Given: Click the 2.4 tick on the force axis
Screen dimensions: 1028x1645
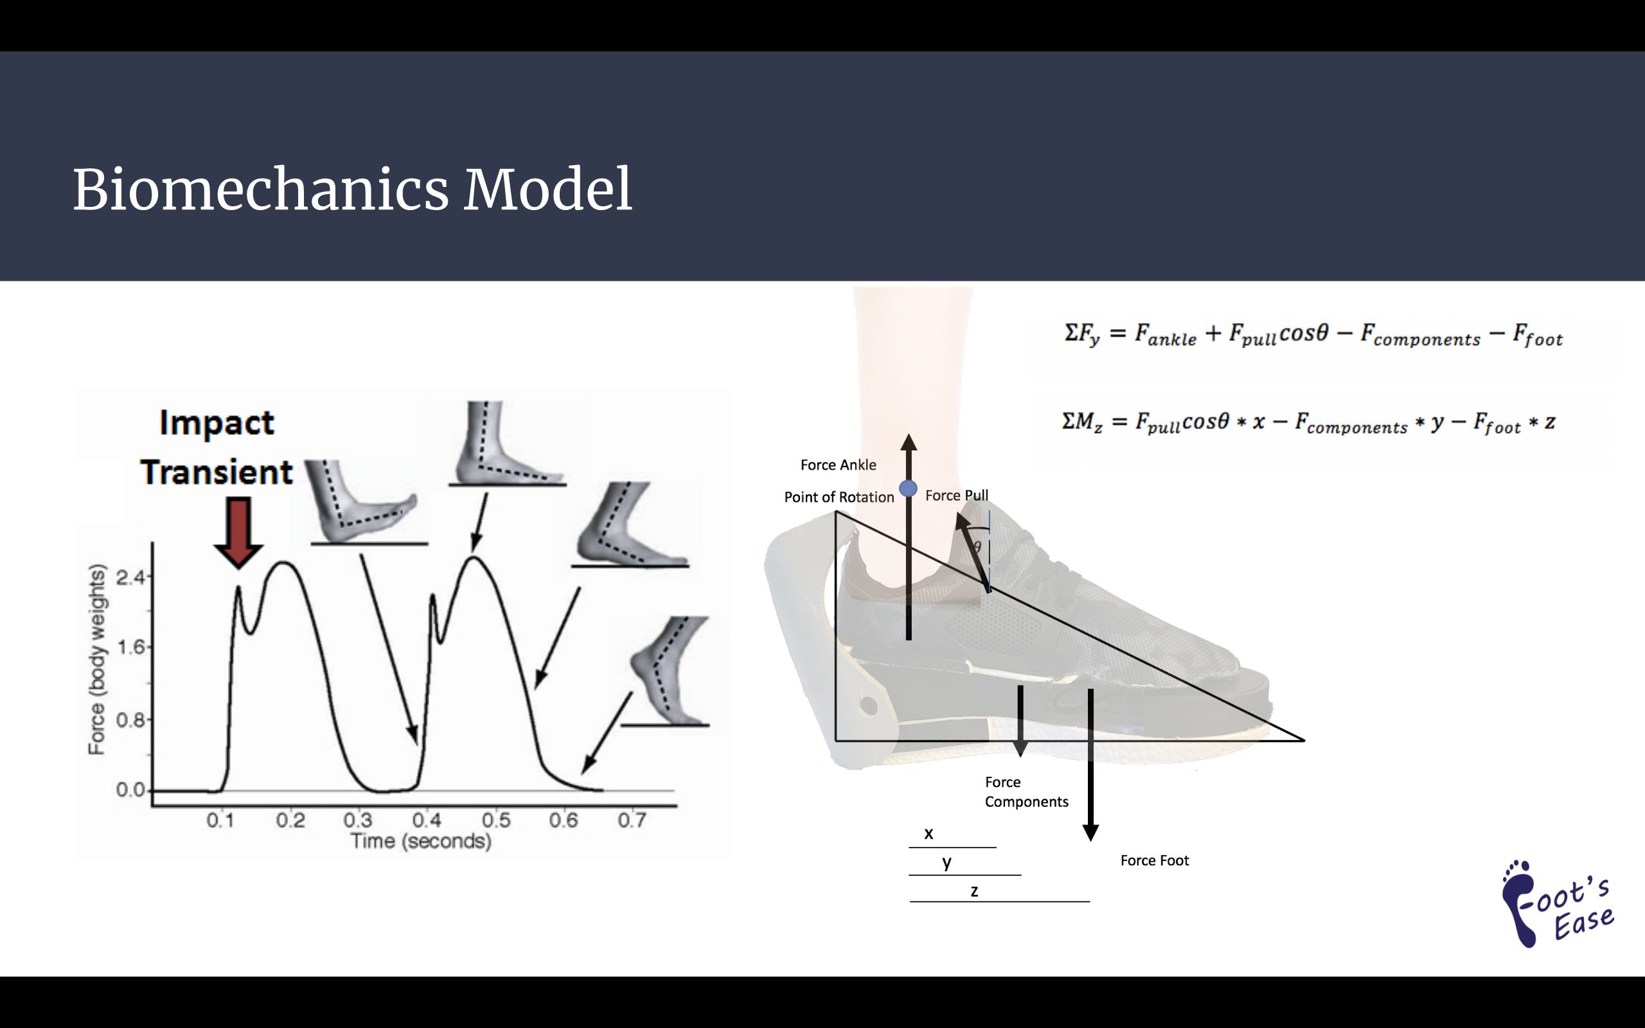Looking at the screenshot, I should pos(130,578).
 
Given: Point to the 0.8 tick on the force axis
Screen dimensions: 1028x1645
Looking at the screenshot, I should pos(130,720).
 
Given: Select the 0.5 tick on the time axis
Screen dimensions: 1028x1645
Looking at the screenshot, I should pos(495,820).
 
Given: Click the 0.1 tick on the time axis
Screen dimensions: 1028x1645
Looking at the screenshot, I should pos(220,820).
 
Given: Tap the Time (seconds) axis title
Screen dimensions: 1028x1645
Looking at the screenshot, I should pos(421,842).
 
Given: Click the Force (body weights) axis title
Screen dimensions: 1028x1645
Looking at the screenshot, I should pos(97,659).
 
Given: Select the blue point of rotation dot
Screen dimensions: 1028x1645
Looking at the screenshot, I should pos(908,489).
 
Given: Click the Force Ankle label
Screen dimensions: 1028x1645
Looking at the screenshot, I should pos(838,465).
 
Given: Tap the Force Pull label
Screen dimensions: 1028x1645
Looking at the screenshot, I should pos(956,495).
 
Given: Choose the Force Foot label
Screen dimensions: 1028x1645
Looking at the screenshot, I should pos(1154,861).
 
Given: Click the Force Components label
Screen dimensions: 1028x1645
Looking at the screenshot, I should pos(1026,792).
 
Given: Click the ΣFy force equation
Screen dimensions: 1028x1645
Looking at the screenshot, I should pos(1313,335).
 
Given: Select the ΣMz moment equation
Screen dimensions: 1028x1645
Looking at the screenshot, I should pos(1308,423).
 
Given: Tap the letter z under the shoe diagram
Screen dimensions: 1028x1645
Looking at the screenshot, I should pos(974,891).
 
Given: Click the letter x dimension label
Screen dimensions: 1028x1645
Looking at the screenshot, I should pos(929,833).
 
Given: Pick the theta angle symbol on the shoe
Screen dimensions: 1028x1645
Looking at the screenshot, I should pos(977,547).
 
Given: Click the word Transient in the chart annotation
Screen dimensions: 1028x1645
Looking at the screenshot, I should pos(216,472).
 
